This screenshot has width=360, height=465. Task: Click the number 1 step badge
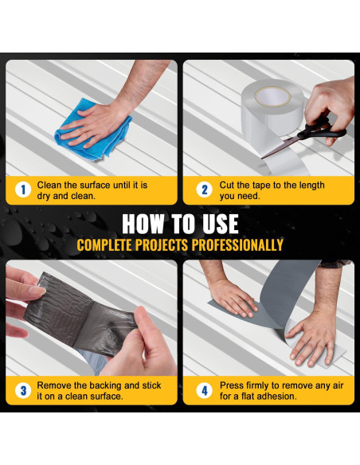tap(23, 190)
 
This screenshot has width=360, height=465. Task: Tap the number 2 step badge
tap(205, 190)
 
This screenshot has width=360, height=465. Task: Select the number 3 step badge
tap(23, 391)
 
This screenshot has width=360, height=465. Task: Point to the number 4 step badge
tap(205, 391)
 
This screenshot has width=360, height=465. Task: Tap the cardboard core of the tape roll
tap(272, 96)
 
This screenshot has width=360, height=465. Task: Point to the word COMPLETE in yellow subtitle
tap(104, 245)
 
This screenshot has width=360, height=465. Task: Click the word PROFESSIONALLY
tap(237, 245)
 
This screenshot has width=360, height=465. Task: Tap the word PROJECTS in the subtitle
tap(162, 245)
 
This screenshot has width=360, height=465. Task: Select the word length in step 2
tap(310, 186)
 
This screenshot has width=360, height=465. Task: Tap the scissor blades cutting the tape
tap(280, 147)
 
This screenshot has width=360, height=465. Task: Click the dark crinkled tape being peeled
tap(80, 315)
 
